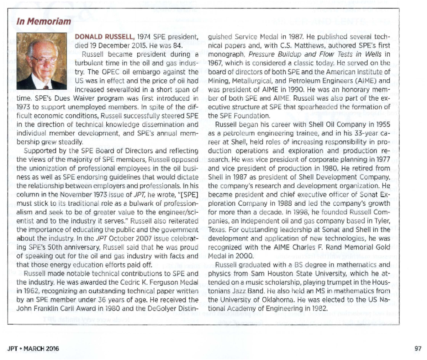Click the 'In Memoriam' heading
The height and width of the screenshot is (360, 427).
[x=44, y=21]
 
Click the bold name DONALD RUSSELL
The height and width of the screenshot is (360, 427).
[x=105, y=37]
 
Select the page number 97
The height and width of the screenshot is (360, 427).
[x=418, y=348]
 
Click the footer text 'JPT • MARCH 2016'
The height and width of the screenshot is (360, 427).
[x=33, y=348]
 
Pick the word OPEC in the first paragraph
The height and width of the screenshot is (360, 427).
[x=113, y=72]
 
